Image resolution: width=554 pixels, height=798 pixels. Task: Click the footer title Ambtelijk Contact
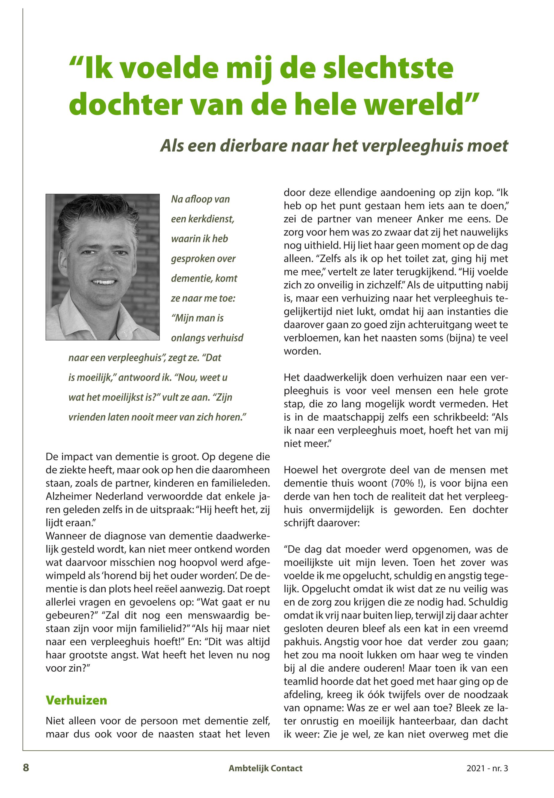(x=265, y=768)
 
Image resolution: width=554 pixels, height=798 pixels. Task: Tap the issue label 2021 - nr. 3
(x=487, y=768)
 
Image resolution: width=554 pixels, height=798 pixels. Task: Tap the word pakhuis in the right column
(x=302, y=642)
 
